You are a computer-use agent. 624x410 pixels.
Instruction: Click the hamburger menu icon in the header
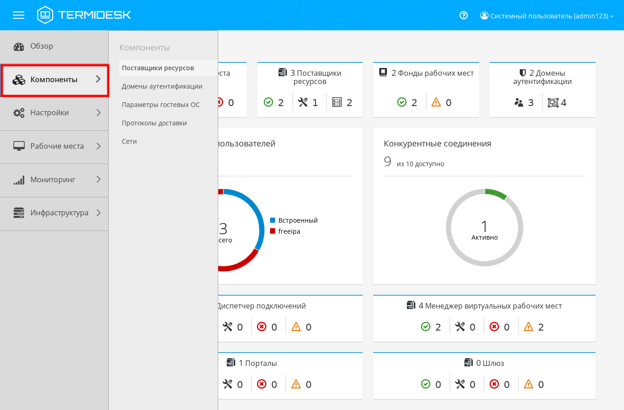[18, 15]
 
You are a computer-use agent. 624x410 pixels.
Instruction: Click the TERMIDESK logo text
[94, 15]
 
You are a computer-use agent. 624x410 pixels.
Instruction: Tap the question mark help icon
[464, 15]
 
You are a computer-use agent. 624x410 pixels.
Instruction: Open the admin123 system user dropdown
[547, 16]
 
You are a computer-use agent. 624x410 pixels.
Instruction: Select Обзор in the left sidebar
[42, 46]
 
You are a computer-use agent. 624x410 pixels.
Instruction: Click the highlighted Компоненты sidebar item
[54, 79]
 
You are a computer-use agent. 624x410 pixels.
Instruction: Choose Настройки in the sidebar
[50, 112]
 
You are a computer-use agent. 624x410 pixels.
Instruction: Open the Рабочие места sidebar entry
[57, 146]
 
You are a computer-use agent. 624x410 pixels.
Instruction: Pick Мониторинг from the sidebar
[53, 180]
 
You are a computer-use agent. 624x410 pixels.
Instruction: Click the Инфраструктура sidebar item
[59, 213]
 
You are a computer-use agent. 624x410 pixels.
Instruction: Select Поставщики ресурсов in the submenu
[158, 68]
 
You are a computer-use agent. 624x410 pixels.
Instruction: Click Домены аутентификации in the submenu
[162, 86]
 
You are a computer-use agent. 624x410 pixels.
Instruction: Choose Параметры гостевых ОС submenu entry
[160, 105]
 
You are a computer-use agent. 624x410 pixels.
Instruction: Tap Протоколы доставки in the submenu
[154, 123]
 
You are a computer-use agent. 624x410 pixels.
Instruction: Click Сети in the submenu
[129, 141]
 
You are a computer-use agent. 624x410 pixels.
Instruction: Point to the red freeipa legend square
[272, 231]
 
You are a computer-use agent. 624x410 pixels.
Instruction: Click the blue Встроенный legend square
[272, 220]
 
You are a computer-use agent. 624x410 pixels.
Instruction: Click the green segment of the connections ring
[496, 193]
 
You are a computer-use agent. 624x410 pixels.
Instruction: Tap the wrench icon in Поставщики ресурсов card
[303, 102]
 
